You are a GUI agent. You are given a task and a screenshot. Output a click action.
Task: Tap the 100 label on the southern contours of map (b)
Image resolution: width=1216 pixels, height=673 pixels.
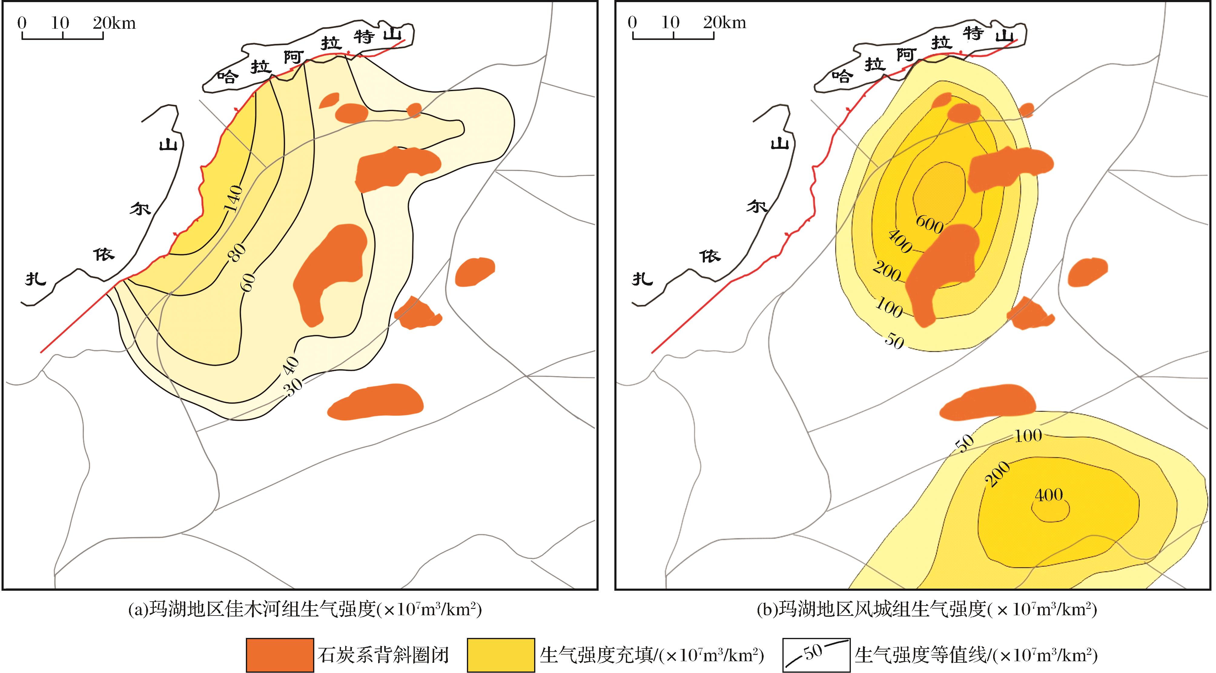click(1028, 435)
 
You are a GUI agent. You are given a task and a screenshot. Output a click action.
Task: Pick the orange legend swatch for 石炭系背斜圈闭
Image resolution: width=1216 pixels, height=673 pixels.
click(279, 655)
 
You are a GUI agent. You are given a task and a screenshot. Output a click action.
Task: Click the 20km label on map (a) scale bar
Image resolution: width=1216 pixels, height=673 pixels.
click(114, 23)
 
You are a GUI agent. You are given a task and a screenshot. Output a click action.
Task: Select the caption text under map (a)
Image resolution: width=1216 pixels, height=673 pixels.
click(305, 609)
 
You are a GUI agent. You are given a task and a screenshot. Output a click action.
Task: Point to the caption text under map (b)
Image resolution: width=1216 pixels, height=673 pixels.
click(927, 609)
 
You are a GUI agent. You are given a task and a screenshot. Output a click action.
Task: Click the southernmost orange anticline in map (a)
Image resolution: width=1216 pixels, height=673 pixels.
click(375, 402)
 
